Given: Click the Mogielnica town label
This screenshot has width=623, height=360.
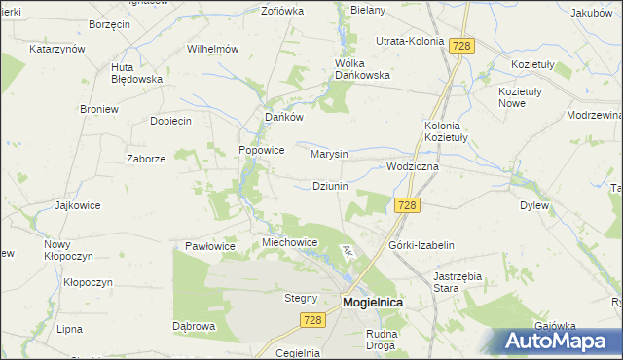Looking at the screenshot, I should [x=374, y=303].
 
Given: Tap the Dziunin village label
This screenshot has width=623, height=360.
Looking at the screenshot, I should [x=331, y=186].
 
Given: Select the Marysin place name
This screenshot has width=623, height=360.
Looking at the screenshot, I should [x=329, y=154].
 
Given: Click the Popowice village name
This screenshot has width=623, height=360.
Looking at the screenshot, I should [x=262, y=151].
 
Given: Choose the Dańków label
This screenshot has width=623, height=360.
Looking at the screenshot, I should [x=285, y=117].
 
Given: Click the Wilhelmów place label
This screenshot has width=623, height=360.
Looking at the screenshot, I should [x=213, y=48].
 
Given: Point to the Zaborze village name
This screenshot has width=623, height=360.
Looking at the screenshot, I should [x=146, y=158].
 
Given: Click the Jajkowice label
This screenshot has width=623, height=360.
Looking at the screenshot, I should [x=79, y=205].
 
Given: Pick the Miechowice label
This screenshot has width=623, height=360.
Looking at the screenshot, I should [x=290, y=242].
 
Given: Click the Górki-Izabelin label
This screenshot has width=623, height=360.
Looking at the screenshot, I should [x=421, y=246].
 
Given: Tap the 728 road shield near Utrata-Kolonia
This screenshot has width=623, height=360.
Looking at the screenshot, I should [x=462, y=45].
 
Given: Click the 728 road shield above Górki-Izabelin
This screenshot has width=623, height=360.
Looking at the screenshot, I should [x=408, y=204].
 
